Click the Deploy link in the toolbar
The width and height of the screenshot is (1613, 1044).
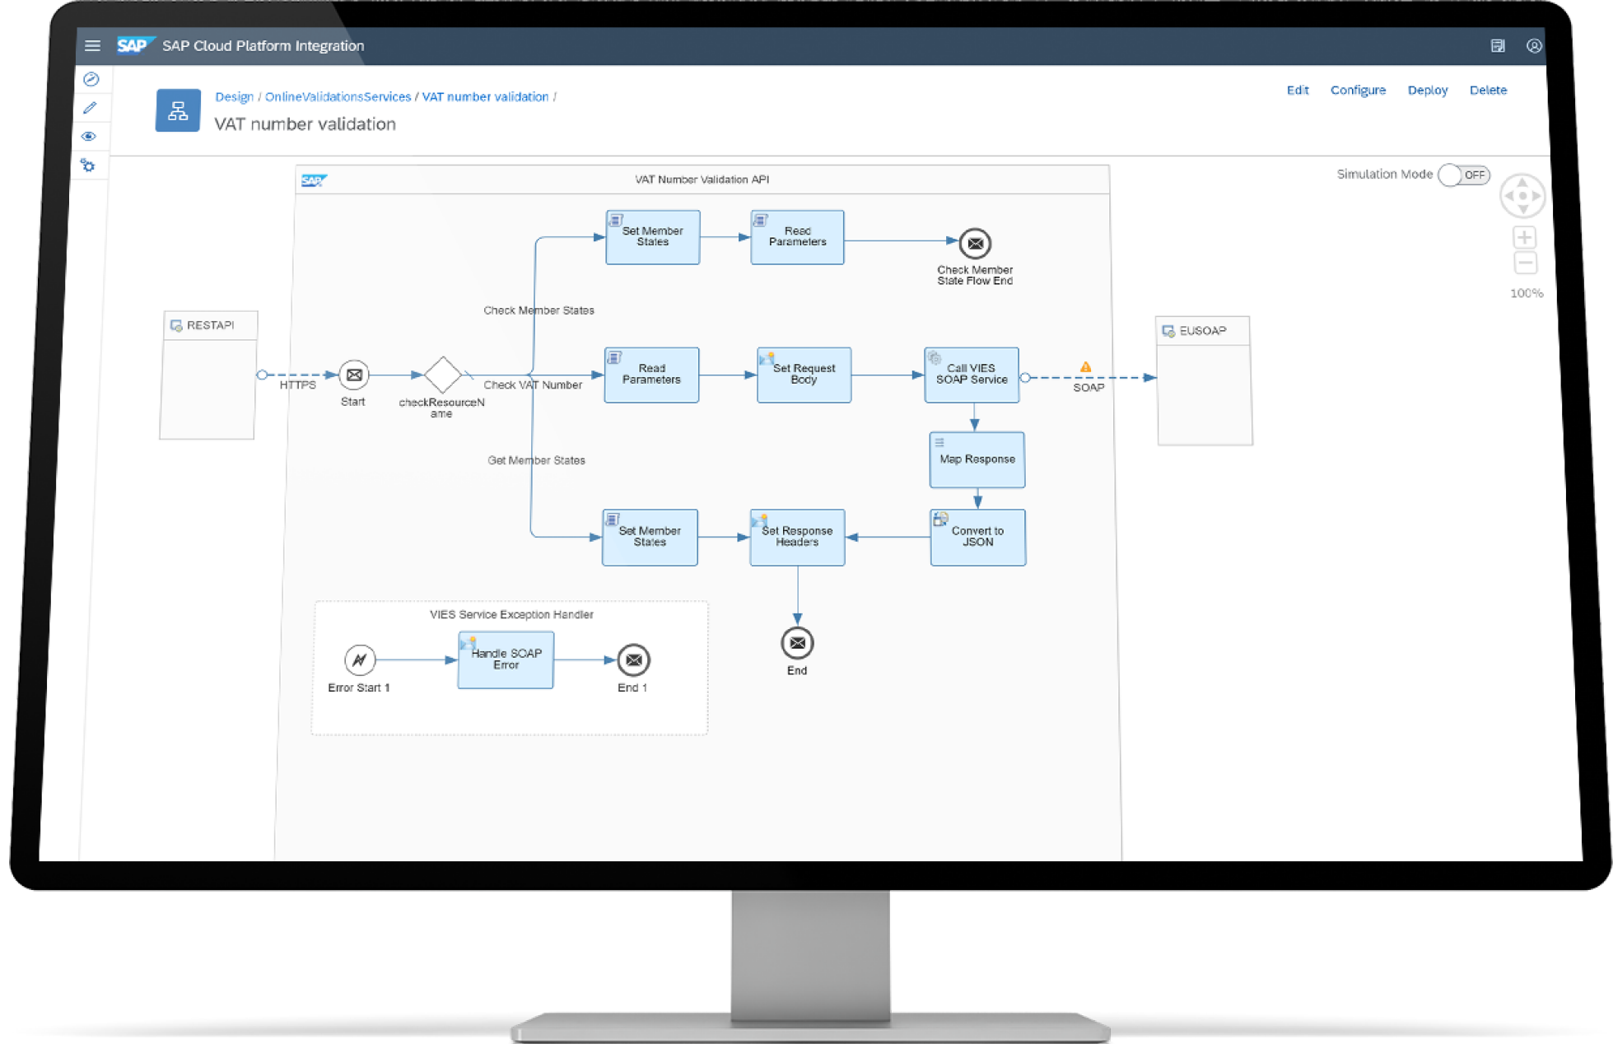1427,91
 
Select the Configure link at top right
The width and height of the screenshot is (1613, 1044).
1358,91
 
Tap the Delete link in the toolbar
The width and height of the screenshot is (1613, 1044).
1488,91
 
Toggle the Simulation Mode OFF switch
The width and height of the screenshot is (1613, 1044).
1463,175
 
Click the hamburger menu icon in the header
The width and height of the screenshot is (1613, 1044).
92,46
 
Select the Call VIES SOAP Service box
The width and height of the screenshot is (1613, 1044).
972,375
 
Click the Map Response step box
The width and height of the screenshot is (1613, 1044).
977,459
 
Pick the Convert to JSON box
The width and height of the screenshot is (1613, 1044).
977,537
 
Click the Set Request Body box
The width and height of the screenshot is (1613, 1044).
804,375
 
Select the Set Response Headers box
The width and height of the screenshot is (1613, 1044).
797,537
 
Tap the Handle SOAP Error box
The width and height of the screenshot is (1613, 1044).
506,659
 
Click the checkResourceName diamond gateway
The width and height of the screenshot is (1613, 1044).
442,375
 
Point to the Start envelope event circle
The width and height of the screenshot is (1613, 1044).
354,375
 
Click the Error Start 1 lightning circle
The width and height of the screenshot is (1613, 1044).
360,659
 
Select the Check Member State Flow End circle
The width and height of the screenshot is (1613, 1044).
975,244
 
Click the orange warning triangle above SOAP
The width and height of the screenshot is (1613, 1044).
1085,367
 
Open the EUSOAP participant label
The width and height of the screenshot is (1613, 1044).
1202,331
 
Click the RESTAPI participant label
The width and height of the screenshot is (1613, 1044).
210,325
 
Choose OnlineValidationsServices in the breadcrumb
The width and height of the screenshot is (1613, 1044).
338,97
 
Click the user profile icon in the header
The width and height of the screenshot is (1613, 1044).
1533,46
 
